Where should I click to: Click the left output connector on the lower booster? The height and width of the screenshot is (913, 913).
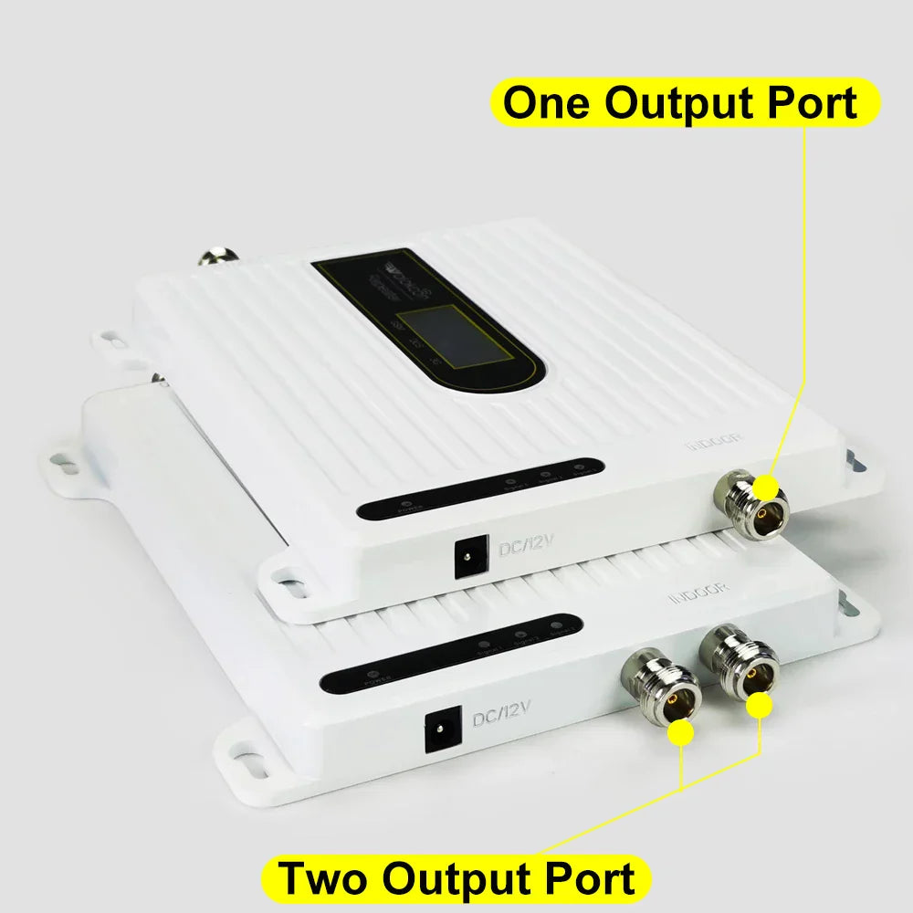659,690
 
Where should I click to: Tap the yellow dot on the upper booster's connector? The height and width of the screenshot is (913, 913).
766,487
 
